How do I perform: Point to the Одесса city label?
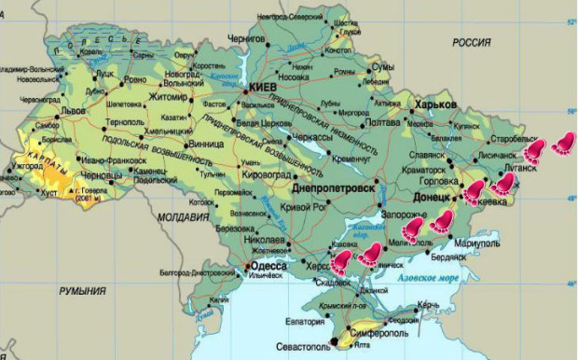pos(268,266)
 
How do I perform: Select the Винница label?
pos(205,145)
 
